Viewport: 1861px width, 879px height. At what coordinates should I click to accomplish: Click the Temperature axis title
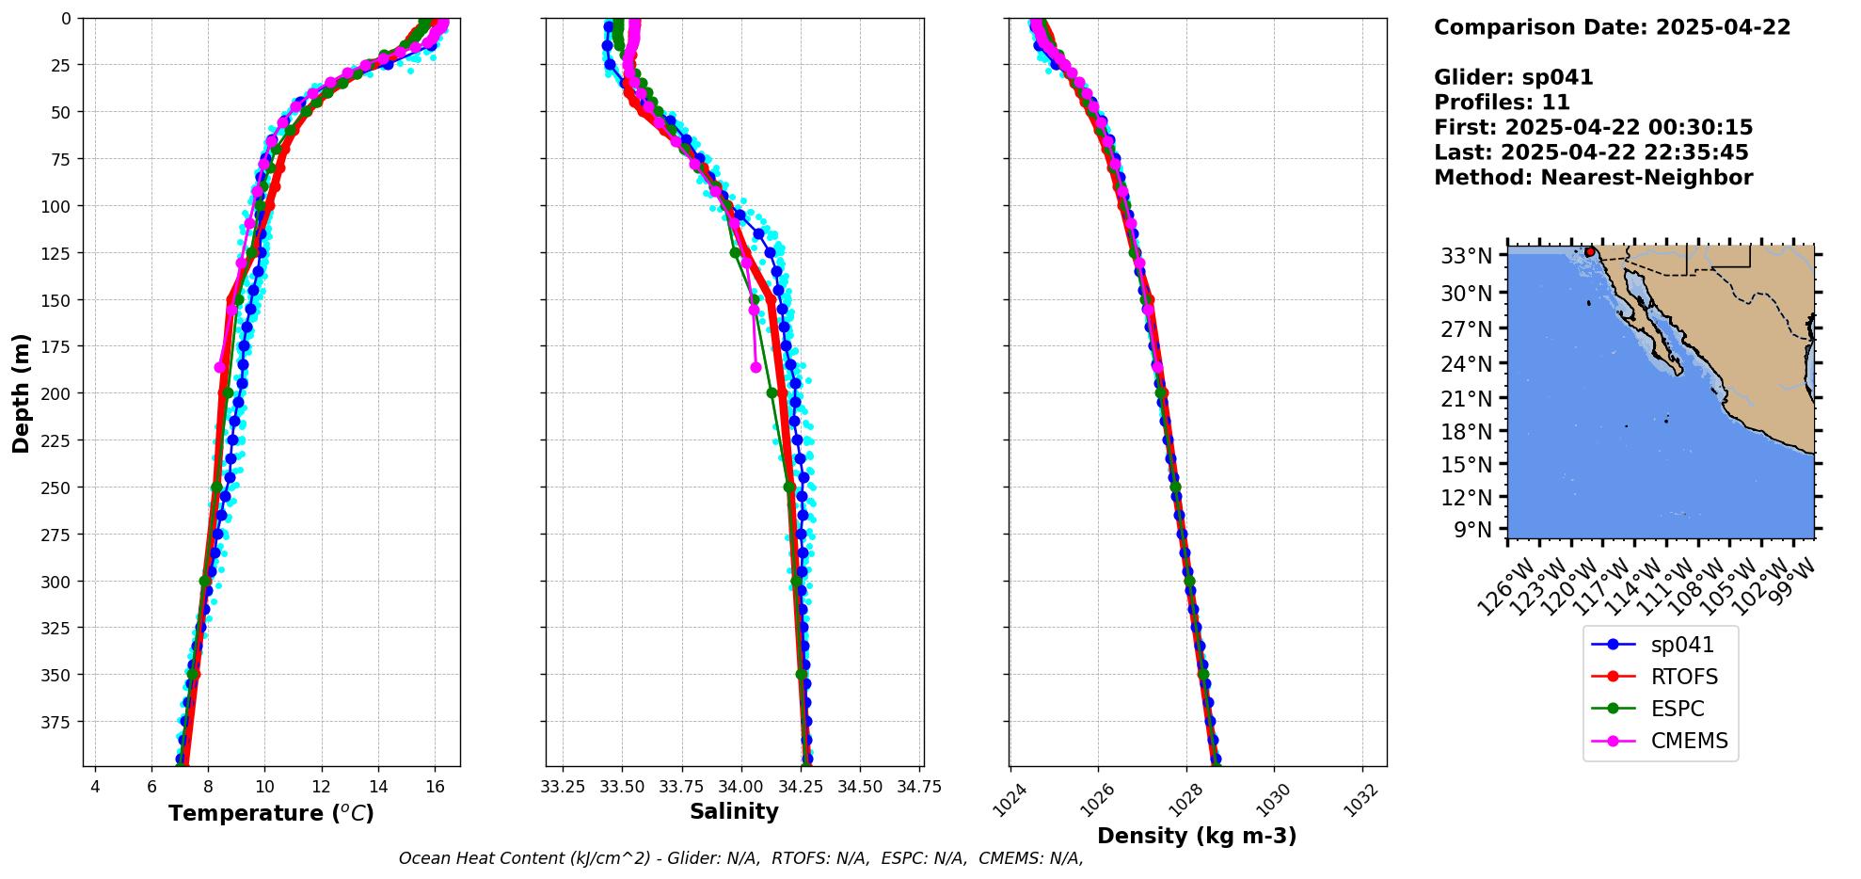click(271, 813)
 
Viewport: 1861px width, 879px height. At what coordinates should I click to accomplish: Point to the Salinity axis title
click(734, 811)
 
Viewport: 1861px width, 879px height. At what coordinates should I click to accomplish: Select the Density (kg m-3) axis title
click(1197, 836)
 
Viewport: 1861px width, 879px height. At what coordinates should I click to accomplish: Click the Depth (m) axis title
click(21, 392)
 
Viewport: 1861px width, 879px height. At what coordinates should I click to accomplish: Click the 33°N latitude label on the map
click(1466, 256)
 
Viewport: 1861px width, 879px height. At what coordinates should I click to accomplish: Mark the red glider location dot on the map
click(1589, 252)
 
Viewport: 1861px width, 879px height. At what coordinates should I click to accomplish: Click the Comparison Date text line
click(1612, 27)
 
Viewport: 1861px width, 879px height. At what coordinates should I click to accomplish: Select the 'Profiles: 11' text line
click(1502, 103)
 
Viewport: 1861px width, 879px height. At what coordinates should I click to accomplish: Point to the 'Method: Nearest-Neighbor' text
click(1593, 178)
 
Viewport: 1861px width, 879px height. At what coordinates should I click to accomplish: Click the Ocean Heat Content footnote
click(740, 858)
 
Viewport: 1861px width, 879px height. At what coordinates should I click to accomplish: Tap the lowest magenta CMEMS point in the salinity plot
click(756, 367)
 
